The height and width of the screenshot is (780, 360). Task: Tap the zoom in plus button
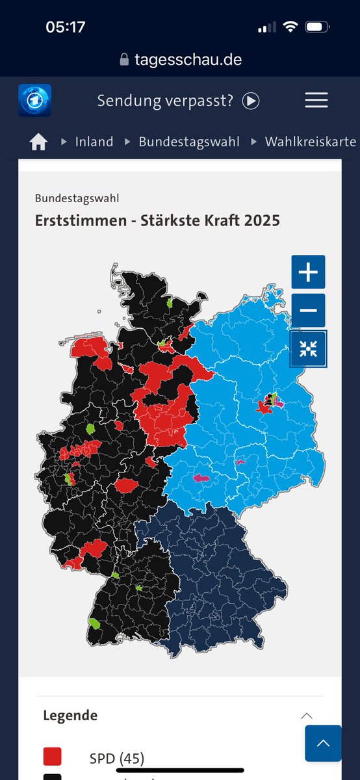tap(308, 272)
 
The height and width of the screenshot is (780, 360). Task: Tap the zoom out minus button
tap(308, 310)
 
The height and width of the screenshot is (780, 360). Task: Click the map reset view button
tap(308, 348)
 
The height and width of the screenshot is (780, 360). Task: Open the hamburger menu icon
tap(316, 100)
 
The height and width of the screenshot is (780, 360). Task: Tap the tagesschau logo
tap(34, 100)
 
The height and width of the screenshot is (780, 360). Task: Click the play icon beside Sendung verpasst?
tap(251, 101)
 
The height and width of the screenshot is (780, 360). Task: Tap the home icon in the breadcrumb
tap(38, 142)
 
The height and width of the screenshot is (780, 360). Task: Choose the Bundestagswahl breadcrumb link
tap(188, 142)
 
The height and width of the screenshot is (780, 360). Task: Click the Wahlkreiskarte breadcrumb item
tap(310, 142)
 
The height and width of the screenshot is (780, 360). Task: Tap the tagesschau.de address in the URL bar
tap(187, 59)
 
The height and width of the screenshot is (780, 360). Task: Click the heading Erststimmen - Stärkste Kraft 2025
tap(157, 220)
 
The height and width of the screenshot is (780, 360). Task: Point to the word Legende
tap(70, 716)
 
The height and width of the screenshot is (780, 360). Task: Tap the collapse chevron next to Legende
tap(307, 716)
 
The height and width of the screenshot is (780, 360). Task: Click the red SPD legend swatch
tap(52, 757)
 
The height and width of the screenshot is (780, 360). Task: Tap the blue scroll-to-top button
tap(323, 743)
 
